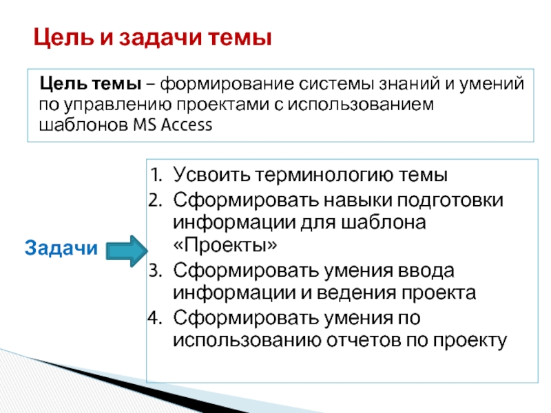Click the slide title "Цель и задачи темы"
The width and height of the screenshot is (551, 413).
click(x=153, y=37)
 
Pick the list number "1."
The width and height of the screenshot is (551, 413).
click(x=157, y=175)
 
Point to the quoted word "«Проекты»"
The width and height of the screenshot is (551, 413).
click(x=226, y=246)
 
